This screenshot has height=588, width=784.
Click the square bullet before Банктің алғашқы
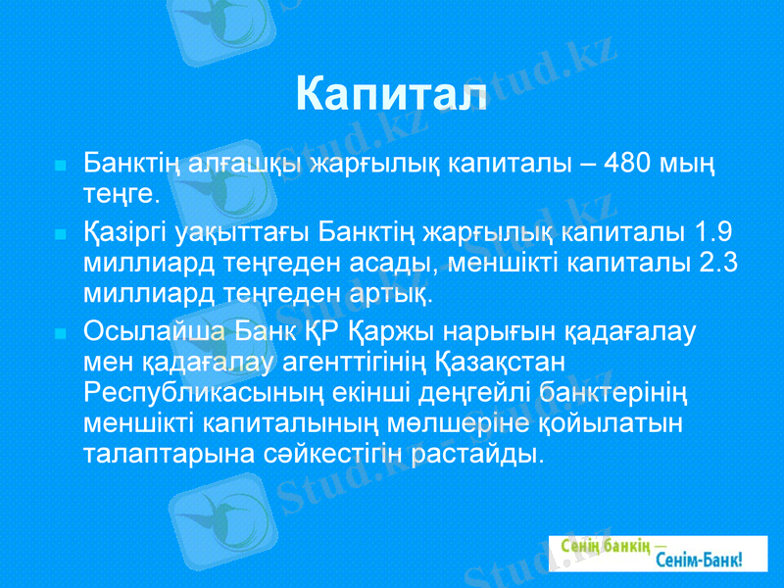pyautogui.click(x=61, y=163)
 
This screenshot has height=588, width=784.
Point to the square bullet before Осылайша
pyautogui.click(x=61, y=331)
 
